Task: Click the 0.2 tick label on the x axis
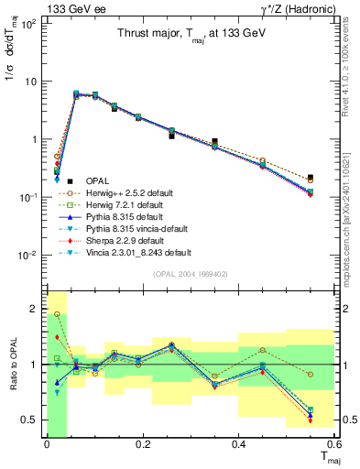pyautogui.click(x=142, y=443)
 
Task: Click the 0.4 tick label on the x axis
pyautogui.click(x=238, y=443)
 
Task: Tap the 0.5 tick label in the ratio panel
pyautogui.click(x=31, y=420)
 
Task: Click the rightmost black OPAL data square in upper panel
pyautogui.click(x=311, y=178)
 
